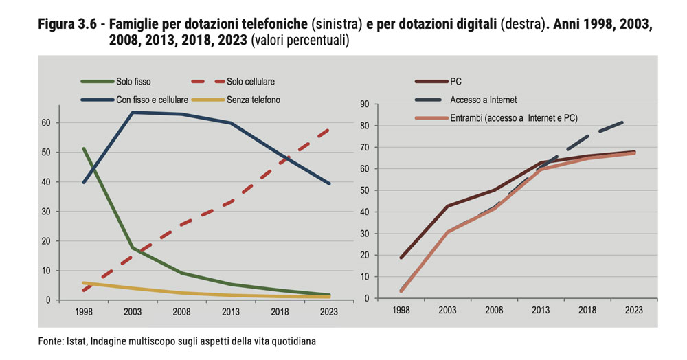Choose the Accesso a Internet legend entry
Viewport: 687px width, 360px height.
tap(483, 100)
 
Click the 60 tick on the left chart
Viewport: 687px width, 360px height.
tap(46, 123)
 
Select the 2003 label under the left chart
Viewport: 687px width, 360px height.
tap(133, 311)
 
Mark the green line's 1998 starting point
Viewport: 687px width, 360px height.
tap(83, 148)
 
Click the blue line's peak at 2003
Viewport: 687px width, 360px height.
tap(133, 112)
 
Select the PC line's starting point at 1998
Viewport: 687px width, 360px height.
tap(401, 258)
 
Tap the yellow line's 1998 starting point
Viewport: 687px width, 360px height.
tap(83, 282)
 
